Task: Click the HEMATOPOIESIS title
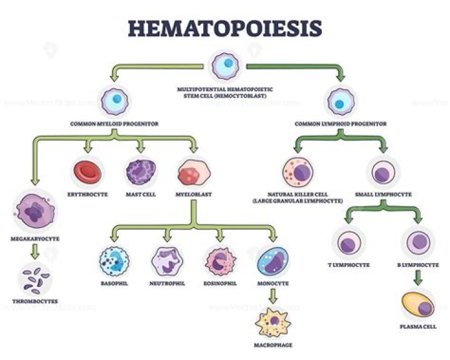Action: click(226, 28)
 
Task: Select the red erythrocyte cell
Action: click(87, 172)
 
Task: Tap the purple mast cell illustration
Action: click(141, 172)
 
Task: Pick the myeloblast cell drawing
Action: click(192, 172)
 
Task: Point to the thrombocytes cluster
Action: click(32, 279)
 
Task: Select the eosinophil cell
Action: click(219, 262)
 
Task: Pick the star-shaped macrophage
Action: click(273, 322)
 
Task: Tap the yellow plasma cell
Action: click(417, 305)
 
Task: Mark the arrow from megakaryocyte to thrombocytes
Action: click(32, 252)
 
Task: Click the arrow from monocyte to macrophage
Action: click(273, 297)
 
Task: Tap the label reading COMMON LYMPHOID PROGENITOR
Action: click(341, 124)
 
